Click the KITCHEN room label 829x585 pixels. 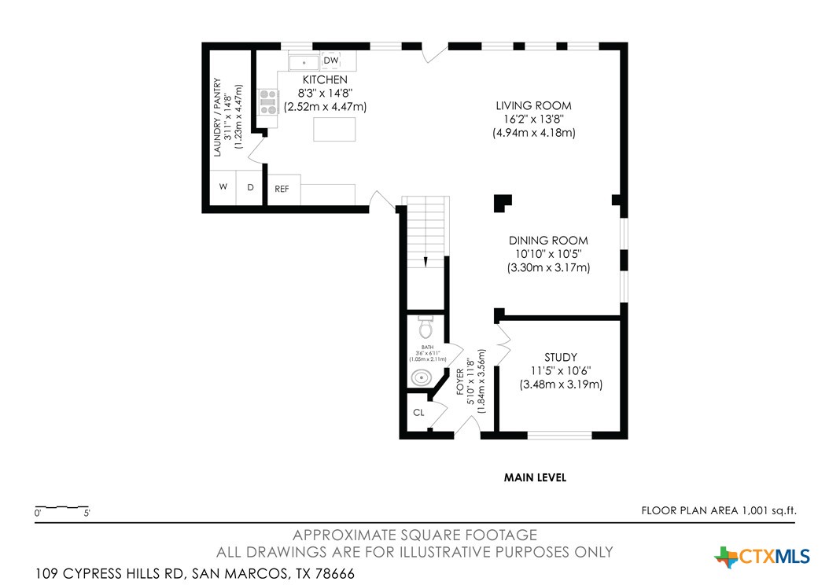[x=325, y=80]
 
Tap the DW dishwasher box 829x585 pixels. [x=331, y=61]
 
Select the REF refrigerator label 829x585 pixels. [x=282, y=189]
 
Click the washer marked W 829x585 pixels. [x=223, y=187]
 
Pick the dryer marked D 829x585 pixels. [x=250, y=187]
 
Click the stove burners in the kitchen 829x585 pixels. [x=269, y=102]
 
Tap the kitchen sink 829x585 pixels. [x=303, y=61]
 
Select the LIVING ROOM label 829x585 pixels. [x=533, y=105]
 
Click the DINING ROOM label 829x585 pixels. [x=548, y=241]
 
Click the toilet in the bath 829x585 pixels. [x=426, y=326]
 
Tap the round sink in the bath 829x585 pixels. [x=422, y=377]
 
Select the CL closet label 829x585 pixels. [x=418, y=412]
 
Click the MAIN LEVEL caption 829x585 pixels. [x=535, y=477]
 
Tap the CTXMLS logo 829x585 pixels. [x=762, y=557]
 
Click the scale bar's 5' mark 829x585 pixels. [x=87, y=513]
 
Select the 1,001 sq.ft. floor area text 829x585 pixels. [x=768, y=510]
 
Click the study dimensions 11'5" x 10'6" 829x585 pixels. [x=561, y=371]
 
